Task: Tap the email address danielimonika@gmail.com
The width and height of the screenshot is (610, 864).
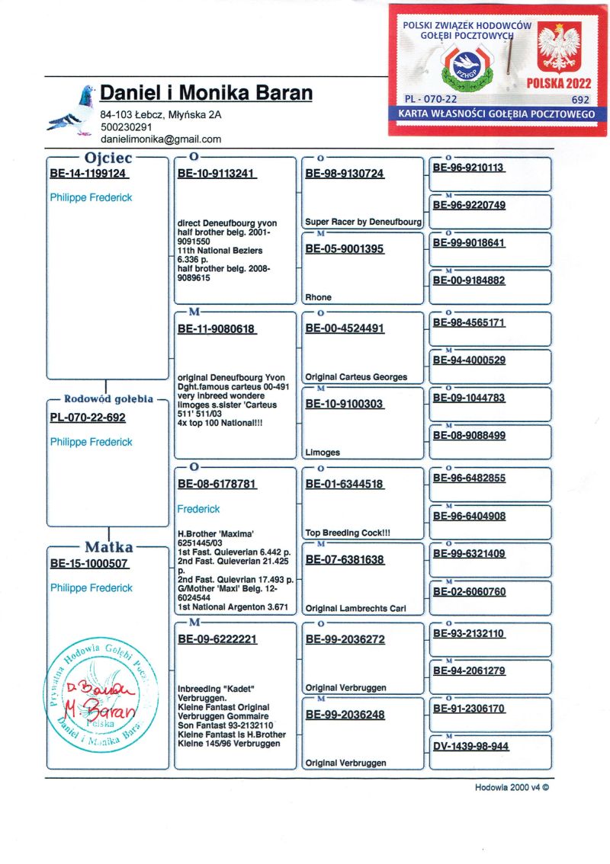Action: tap(160, 139)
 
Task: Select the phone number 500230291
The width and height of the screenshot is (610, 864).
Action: tap(126, 127)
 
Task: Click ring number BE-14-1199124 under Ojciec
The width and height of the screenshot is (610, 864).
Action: tap(88, 174)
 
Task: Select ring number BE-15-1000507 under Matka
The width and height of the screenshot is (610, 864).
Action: tap(88, 565)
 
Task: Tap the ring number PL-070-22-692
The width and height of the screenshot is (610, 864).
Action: tap(88, 418)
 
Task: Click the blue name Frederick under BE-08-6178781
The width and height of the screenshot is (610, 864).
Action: tap(198, 508)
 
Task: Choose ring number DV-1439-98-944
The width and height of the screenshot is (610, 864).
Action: tap(470, 747)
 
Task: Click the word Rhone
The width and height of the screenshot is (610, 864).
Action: tap(319, 297)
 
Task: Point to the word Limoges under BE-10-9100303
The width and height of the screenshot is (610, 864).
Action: tap(323, 453)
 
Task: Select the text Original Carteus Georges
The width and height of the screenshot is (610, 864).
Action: tap(356, 377)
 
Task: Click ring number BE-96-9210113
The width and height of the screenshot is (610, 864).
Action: tap(469, 168)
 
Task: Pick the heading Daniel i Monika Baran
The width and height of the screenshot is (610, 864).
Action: tap(207, 93)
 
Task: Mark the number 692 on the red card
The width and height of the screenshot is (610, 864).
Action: tap(580, 99)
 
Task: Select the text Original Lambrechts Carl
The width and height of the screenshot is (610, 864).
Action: tap(355, 608)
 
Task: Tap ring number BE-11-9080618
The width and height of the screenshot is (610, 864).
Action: tap(217, 329)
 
